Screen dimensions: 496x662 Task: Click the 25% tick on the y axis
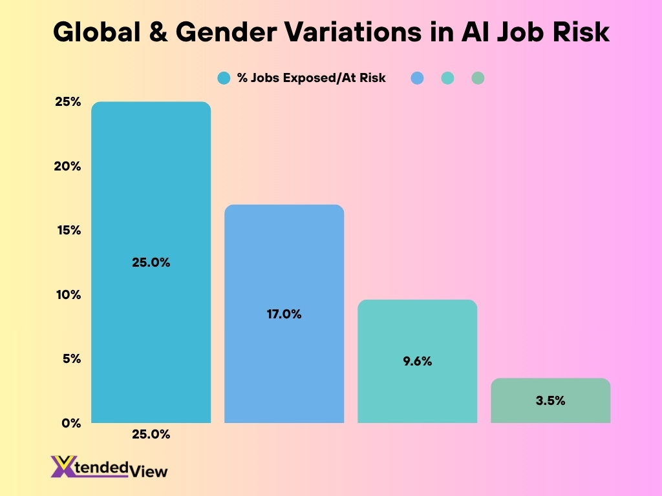[x=67, y=102]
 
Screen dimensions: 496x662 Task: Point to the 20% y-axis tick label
[x=67, y=166]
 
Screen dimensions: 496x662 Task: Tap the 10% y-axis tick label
[x=68, y=294]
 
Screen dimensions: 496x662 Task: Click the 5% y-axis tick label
[x=71, y=358]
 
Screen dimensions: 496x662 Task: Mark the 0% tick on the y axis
[x=71, y=423]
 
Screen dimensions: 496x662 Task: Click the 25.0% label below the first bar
[x=151, y=435]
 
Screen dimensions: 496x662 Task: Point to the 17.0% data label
[x=284, y=315]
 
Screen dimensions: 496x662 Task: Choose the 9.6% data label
[x=417, y=362]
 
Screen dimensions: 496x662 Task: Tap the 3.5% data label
[x=550, y=400]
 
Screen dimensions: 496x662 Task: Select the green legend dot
[x=478, y=78]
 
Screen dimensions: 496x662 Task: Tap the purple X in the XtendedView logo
[x=62, y=467]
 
